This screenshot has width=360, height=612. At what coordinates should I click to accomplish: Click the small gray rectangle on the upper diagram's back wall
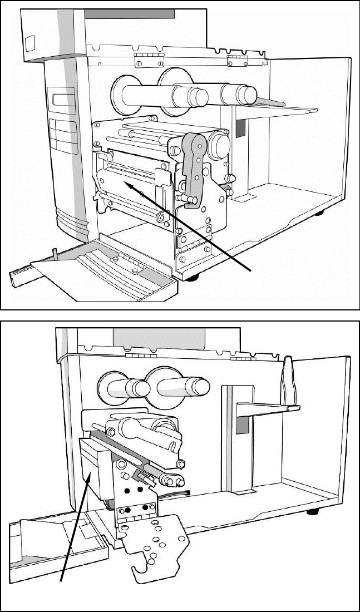pyautogui.click(x=240, y=129)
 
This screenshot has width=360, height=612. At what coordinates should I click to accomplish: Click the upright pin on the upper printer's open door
pyautogui.click(x=56, y=254)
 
